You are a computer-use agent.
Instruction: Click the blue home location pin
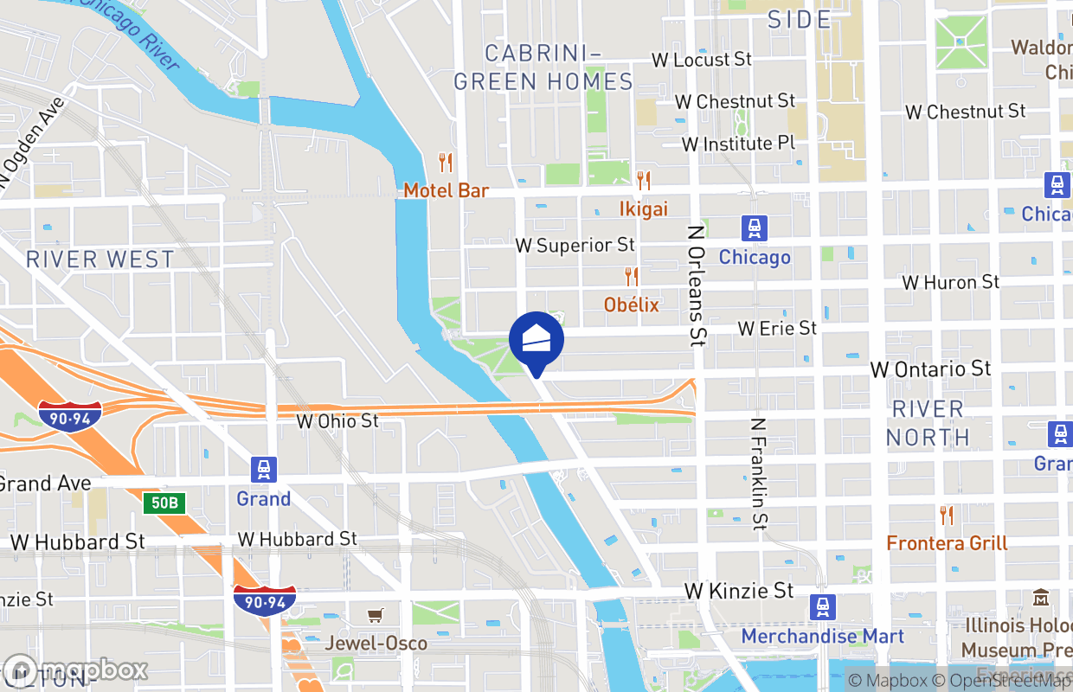point(536,340)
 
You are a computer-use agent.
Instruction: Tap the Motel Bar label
point(447,190)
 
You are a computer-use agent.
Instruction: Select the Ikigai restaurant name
point(644,208)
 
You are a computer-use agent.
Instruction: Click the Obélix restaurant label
point(632,304)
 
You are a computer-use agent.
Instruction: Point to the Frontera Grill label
point(947,543)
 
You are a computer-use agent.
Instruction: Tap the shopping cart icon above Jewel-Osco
point(376,615)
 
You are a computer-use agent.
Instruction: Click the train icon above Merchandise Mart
point(823,607)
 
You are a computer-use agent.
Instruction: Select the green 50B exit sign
point(164,503)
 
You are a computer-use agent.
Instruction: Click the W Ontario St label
point(930,369)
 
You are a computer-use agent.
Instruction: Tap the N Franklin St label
point(759,474)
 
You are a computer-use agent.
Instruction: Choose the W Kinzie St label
point(738,591)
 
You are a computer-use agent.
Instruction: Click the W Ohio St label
point(337,421)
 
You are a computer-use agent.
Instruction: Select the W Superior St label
point(575,246)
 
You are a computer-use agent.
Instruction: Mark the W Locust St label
point(702,60)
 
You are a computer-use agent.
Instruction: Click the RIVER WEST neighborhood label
point(100,259)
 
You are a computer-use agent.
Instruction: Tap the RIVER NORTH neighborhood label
point(928,423)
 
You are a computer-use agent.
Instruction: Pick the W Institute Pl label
point(738,144)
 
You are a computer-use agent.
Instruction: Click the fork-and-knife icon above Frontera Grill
point(947,516)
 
